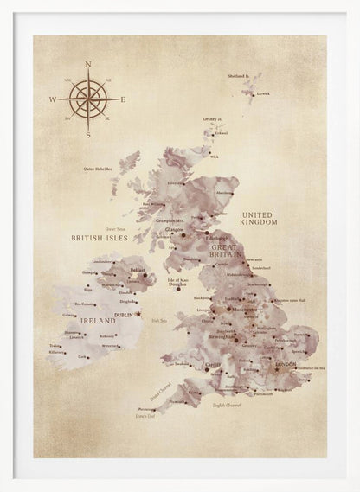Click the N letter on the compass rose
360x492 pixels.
click(87, 65)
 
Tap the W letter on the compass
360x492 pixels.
click(53, 100)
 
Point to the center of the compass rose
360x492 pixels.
click(87, 99)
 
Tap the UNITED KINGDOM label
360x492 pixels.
click(259, 217)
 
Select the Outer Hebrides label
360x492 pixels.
click(100, 169)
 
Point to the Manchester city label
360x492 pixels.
click(245, 307)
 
